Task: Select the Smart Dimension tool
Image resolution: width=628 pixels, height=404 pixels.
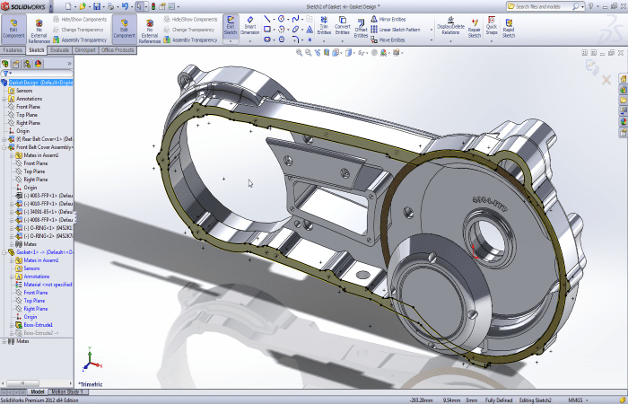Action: coord(249,27)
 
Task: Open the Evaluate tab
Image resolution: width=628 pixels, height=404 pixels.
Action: coord(60,50)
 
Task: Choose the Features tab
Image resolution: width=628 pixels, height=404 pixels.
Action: coord(13,50)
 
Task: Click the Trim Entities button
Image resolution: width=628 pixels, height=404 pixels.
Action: coord(323,27)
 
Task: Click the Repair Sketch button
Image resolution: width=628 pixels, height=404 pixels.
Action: coord(475,27)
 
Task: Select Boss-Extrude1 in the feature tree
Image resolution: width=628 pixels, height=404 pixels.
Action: coord(39,324)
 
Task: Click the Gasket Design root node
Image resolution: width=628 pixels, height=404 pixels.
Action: coord(40,82)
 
